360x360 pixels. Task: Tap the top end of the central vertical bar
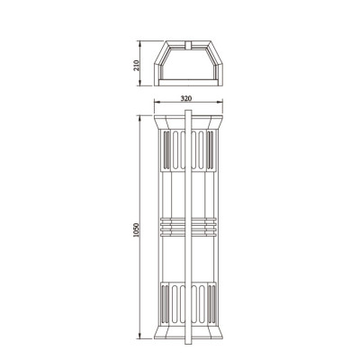[x=187, y=112]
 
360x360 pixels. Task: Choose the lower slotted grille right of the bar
[x=202, y=305]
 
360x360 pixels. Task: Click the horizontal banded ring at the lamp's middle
[x=187, y=225]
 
